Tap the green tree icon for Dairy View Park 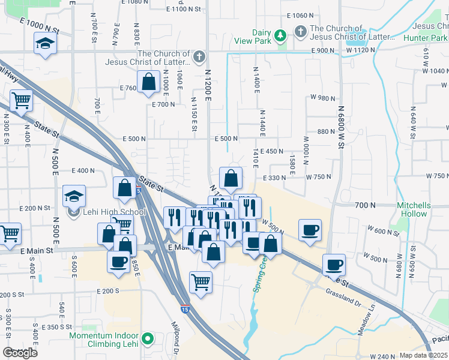[x=279, y=37]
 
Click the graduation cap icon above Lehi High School [x=74, y=196]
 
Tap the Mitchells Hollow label [x=413, y=209]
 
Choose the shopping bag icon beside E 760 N [x=148, y=82]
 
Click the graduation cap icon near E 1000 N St [x=45, y=43]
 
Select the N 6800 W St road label [x=340, y=127]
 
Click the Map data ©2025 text [x=423, y=355]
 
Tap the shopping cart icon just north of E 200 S [x=200, y=281]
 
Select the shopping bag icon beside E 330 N [x=231, y=178]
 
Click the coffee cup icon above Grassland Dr [x=334, y=264]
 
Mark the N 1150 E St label [x=194, y=115]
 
